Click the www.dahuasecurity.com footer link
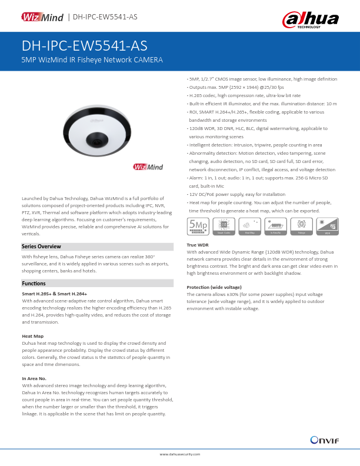180,454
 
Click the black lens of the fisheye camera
95,140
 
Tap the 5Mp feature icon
197,225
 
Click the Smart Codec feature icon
224,225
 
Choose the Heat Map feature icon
249,225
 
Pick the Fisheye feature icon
301,225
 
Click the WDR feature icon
327,225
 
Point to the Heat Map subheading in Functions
32,336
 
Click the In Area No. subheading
34,378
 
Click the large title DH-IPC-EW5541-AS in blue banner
84,46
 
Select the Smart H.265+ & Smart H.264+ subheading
54,294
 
